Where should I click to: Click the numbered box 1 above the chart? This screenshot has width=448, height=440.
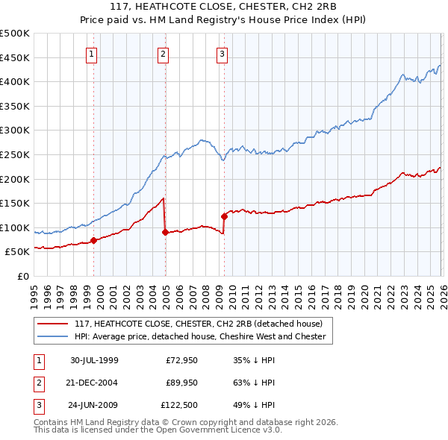91,53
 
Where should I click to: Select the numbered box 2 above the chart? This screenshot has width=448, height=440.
163,53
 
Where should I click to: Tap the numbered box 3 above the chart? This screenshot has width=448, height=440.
223,53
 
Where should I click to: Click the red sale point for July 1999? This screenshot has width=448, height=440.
94,240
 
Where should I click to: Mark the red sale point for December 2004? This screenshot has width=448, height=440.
165,232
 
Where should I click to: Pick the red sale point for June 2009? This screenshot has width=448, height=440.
224,216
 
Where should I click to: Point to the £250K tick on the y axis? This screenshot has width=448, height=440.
16,154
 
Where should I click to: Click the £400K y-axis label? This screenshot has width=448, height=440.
16,82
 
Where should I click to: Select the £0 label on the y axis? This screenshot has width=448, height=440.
24,276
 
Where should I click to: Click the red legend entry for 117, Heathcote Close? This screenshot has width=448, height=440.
198,324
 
